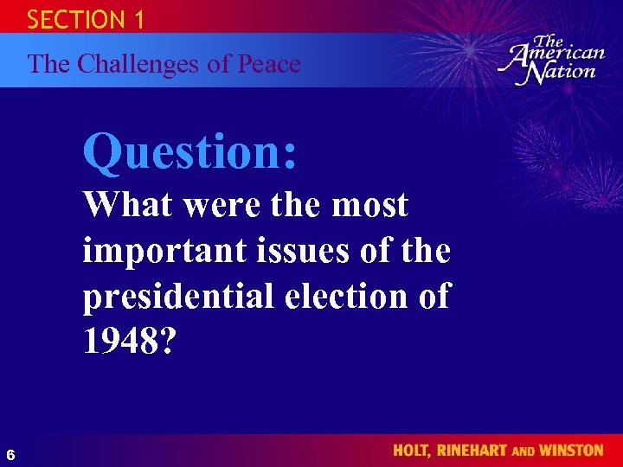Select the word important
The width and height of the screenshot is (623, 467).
(164, 251)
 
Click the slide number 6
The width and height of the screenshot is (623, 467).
(10, 454)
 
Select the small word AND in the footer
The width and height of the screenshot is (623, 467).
(527, 451)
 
